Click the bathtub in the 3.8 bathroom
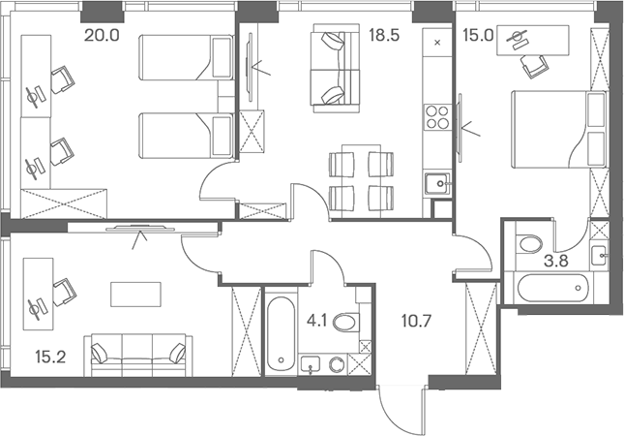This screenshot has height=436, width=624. [x=553, y=289]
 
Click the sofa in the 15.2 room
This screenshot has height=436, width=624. [x=139, y=354]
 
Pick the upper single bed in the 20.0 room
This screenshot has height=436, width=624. [x=186, y=59]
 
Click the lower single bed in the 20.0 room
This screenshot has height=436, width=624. [x=186, y=135]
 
